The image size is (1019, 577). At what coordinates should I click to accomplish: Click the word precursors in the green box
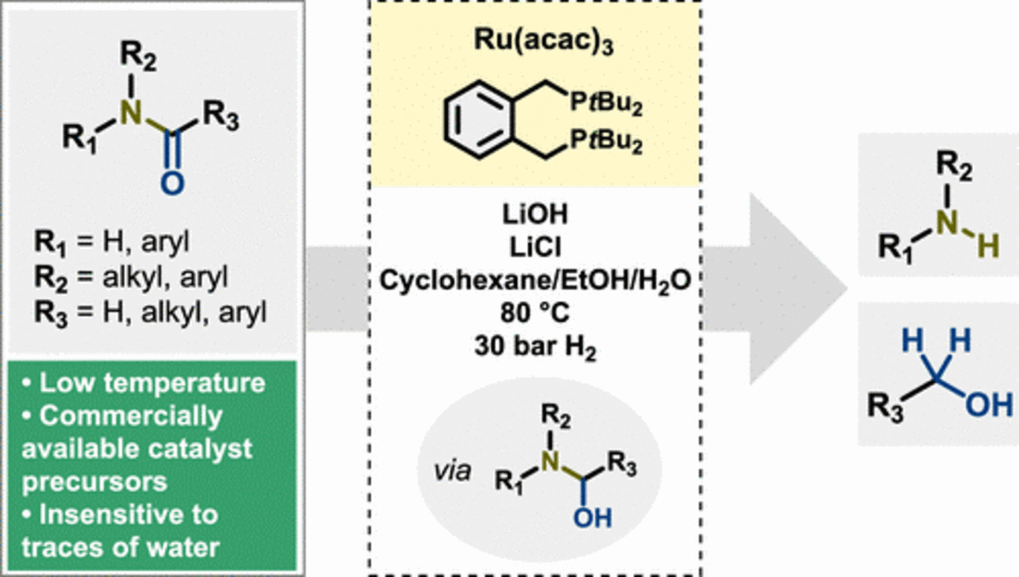click(x=94, y=481)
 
